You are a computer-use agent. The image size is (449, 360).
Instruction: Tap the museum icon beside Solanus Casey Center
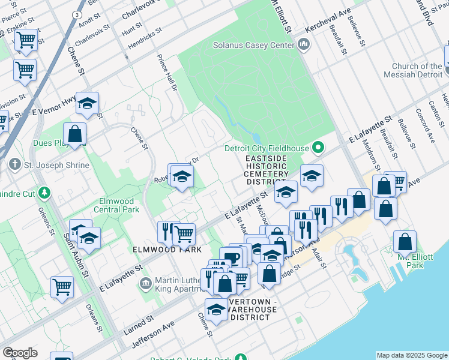[304, 44]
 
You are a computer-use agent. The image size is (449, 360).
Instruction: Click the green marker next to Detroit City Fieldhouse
[319, 148]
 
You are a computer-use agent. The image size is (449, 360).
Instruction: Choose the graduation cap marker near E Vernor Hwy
[87, 103]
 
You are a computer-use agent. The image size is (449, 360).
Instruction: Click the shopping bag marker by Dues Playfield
[75, 134]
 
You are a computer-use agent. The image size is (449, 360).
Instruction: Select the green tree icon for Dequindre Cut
[44, 193]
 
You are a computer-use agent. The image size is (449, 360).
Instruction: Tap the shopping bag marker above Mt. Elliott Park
[405, 242]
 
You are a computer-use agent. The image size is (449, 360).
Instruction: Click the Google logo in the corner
[20, 353]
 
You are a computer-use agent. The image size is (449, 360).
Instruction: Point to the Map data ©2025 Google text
[412, 355]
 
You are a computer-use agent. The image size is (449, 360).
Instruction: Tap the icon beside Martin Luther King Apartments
[145, 283]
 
